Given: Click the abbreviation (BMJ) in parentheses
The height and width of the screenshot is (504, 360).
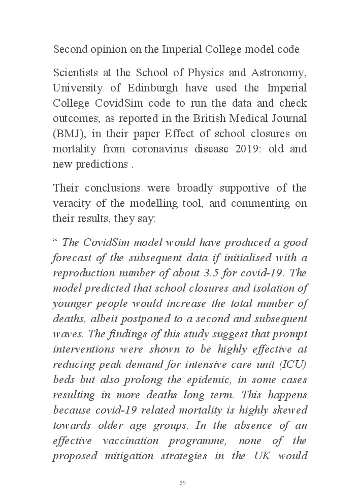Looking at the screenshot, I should point(69,135).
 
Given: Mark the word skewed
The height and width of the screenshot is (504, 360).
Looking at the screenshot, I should point(289,410).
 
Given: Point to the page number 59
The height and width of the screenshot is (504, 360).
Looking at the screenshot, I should point(182,483).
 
